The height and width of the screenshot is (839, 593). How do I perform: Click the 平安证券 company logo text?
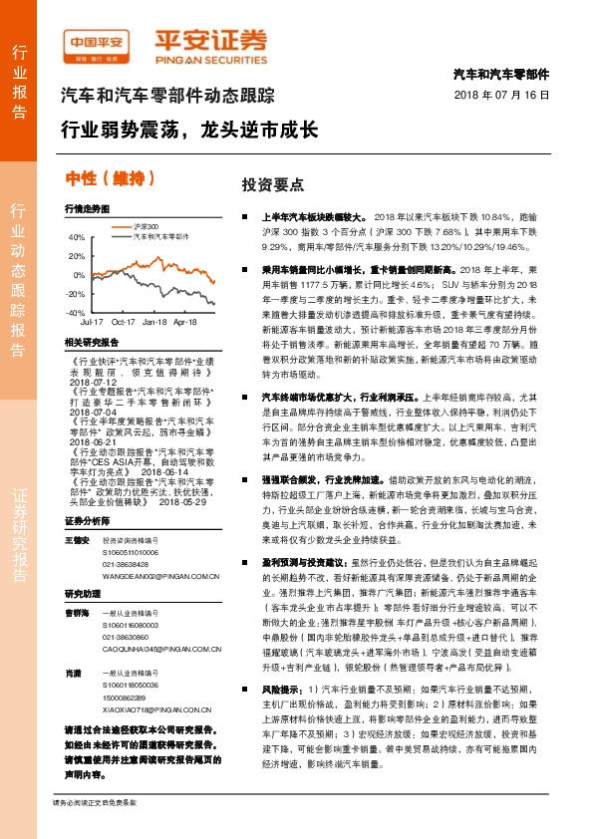click(210, 39)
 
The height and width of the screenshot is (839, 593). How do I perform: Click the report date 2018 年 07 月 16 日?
click(501, 94)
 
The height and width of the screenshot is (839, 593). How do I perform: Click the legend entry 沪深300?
click(147, 227)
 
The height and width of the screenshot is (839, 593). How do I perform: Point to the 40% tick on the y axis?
click(77, 237)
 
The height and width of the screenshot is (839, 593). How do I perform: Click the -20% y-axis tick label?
click(76, 294)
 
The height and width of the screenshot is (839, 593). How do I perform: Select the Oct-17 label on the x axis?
click(123, 322)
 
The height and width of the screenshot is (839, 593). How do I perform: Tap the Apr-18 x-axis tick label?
click(184, 322)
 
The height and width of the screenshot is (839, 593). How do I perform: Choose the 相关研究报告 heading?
click(89, 341)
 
